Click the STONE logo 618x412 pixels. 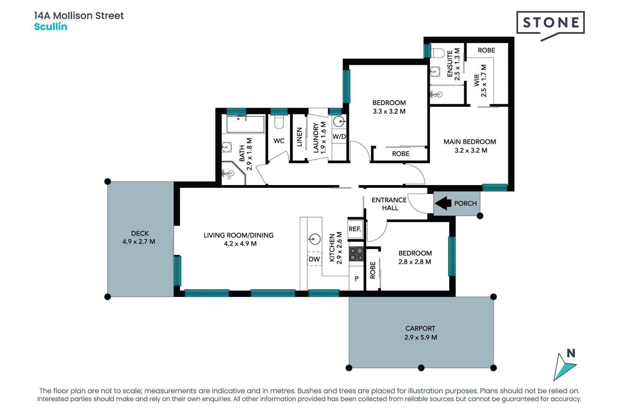point(550,24)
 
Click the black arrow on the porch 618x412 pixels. point(443,203)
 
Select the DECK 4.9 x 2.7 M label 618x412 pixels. point(139,237)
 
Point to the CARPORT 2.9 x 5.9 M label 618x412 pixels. point(420,333)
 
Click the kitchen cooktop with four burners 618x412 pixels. point(357,254)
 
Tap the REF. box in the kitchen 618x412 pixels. point(355,229)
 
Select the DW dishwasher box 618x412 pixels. point(314,259)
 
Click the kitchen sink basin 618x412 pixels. point(315,239)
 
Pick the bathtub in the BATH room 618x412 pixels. point(245,124)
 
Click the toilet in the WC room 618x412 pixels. point(279,122)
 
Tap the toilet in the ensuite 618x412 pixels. point(438,53)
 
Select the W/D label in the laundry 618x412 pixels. point(339,137)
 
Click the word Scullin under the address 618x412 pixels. point(51,27)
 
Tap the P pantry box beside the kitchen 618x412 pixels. point(356,279)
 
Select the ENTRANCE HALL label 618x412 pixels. point(389,204)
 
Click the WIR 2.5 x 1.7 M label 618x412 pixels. point(480,80)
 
